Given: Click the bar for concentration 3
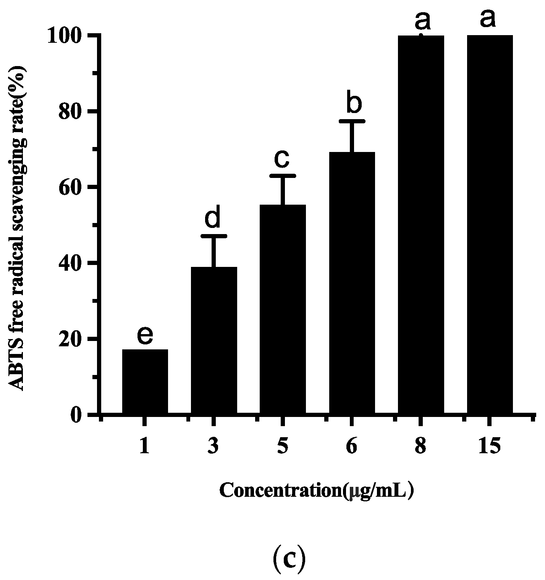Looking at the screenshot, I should point(213,340).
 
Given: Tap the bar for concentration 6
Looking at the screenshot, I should point(352,283).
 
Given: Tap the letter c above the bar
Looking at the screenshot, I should point(282,159).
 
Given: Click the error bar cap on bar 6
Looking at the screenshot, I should point(352,121).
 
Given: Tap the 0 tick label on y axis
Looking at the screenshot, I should point(76,415).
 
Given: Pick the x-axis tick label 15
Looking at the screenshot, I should point(489,446).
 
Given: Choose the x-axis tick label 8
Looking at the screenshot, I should point(420,446).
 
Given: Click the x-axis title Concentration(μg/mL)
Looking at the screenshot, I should point(317,491).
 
